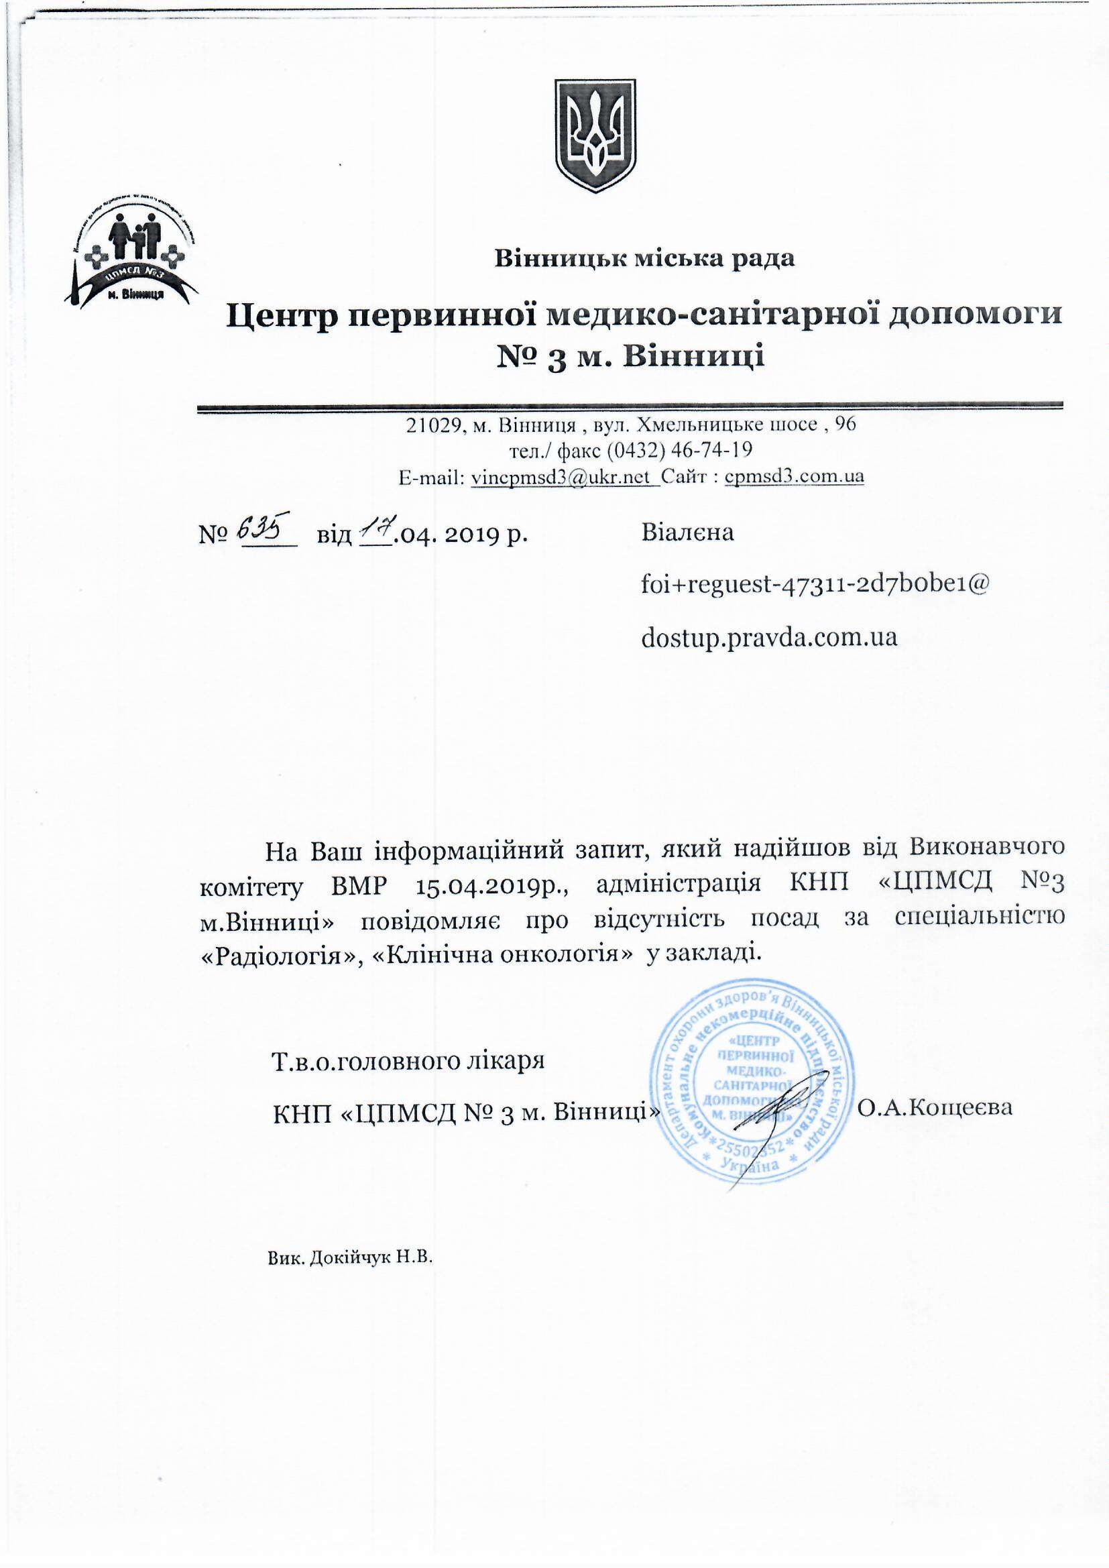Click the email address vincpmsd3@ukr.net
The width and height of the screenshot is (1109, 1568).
click(x=563, y=477)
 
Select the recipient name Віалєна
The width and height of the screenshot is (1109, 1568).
click(x=687, y=533)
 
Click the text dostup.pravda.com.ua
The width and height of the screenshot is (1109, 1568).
click(x=768, y=637)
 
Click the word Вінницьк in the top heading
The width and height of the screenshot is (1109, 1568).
click(x=550, y=259)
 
